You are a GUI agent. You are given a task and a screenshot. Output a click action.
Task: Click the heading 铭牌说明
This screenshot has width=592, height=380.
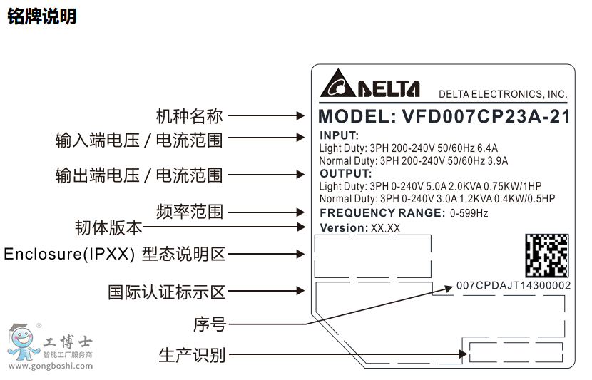41,16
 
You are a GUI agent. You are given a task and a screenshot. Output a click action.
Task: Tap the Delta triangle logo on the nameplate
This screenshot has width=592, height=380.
336,86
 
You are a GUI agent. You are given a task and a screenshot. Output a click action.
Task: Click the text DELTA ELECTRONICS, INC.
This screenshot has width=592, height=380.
503,94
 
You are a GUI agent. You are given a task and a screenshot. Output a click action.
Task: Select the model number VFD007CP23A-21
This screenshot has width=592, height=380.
486,116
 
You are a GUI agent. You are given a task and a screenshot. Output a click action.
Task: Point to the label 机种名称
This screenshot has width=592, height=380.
189,116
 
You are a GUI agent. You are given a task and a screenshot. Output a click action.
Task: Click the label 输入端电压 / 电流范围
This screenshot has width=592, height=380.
139,140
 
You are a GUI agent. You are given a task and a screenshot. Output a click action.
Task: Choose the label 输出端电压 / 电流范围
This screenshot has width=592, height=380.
139,175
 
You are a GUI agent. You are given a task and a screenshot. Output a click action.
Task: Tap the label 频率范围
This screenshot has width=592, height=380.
189,212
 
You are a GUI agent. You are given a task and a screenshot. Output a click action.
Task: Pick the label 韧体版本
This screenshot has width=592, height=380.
108,228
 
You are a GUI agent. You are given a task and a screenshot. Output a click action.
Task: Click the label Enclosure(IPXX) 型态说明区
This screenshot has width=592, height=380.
114,254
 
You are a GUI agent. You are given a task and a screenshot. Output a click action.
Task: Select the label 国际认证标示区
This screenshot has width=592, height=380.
166,292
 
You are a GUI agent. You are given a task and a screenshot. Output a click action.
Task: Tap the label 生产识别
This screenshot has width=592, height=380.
191,355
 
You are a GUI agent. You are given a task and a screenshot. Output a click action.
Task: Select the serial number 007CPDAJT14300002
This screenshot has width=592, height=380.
513,286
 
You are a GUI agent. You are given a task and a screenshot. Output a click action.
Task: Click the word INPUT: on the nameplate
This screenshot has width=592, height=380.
339,135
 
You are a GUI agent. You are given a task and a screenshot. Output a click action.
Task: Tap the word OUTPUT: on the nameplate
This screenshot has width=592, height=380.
346,173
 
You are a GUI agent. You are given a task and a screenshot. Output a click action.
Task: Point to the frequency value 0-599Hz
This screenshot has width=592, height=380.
469,212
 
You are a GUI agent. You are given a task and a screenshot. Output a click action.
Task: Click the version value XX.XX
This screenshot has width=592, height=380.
386,229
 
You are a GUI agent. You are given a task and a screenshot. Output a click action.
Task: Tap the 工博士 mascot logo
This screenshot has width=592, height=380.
21,343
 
